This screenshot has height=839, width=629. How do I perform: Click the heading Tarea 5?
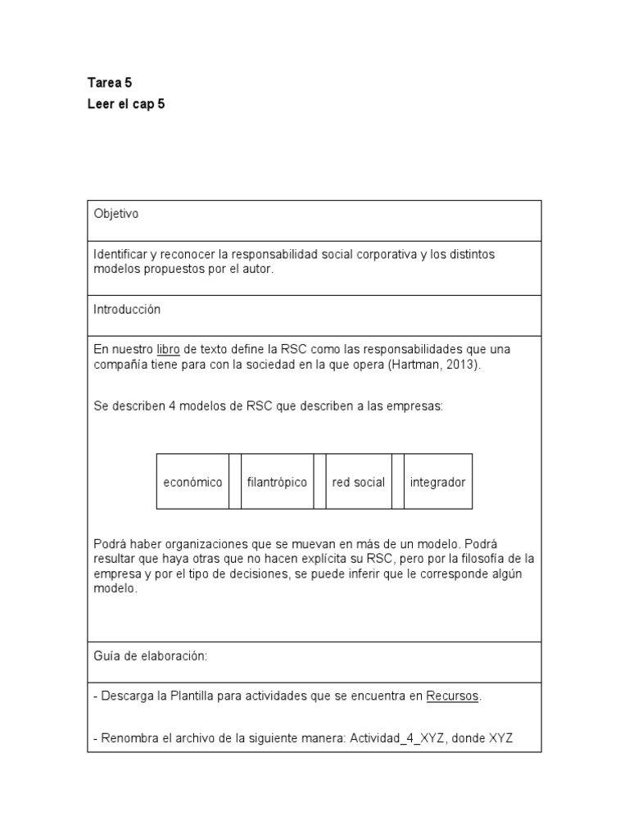[110, 83]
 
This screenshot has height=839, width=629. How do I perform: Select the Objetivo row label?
[116, 214]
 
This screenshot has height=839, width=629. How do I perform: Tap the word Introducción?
[127, 310]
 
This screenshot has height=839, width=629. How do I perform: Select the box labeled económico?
[192, 482]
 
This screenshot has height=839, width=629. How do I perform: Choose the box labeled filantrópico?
[277, 482]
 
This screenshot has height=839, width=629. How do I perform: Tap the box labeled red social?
[358, 482]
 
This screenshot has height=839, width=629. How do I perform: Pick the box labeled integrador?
[437, 482]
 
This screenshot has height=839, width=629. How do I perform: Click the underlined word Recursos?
[453, 696]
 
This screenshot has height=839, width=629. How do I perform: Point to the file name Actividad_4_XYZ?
[398, 738]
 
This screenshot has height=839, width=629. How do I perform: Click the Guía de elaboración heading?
[150, 656]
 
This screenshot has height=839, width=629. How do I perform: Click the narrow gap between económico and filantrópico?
[234, 482]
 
